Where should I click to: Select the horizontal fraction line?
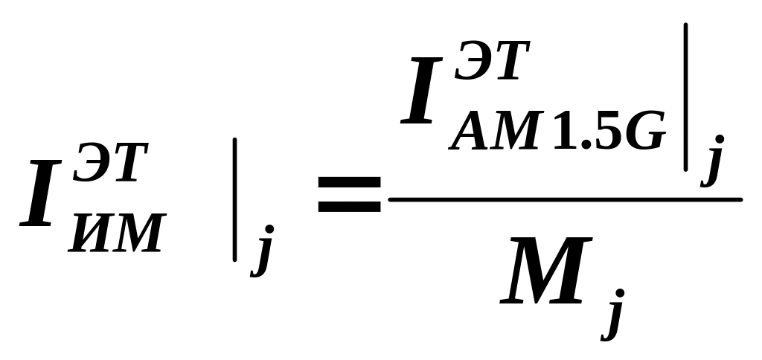(566, 199)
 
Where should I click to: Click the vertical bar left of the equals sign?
(235, 199)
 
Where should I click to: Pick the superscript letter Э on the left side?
(89, 165)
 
